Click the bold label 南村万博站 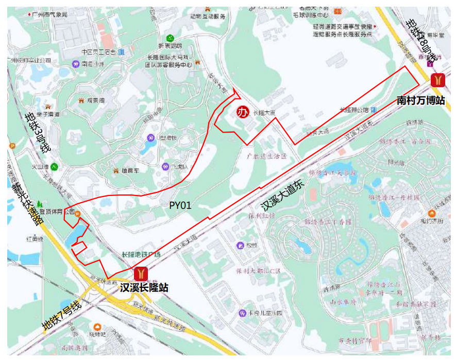(x=420, y=100)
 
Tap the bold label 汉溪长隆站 (x=144, y=287)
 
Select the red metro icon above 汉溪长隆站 (x=141, y=274)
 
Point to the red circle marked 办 (x=242, y=112)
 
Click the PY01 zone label (x=180, y=205)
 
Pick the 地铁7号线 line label (x=62, y=315)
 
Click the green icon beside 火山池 (x=54, y=167)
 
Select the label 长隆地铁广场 (x=141, y=255)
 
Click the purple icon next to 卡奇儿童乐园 (x=242, y=313)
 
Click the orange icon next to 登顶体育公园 (x=78, y=214)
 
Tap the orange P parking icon (x=12, y=146)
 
